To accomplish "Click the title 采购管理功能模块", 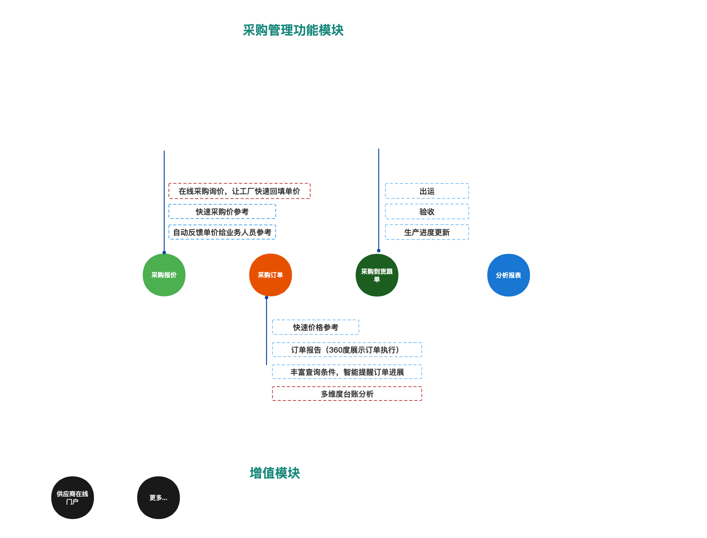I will coord(293,30).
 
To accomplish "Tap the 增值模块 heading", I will coord(275,473).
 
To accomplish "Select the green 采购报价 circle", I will coord(164,275).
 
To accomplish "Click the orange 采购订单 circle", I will coord(270,275).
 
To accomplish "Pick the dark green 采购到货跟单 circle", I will coord(377,275).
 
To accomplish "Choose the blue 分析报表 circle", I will coord(508,275).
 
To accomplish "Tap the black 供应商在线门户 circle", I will coord(72,498).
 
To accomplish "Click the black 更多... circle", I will coord(158,498).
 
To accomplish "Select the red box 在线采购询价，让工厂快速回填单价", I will coord(239,191).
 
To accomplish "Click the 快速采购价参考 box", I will coord(222,212).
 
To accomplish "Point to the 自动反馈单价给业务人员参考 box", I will coord(222,232).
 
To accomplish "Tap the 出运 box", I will coord(427,191).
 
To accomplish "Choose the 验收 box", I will coord(427,212).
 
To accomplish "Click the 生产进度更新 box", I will coord(427,232).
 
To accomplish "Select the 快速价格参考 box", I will coord(315,327).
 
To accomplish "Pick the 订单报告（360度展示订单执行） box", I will coord(347,350).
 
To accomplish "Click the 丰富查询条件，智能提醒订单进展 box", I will coord(347,372).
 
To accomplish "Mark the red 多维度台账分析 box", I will coord(347,394).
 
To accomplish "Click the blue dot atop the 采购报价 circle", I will coord(164,253).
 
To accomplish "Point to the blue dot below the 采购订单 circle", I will coord(266,298).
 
